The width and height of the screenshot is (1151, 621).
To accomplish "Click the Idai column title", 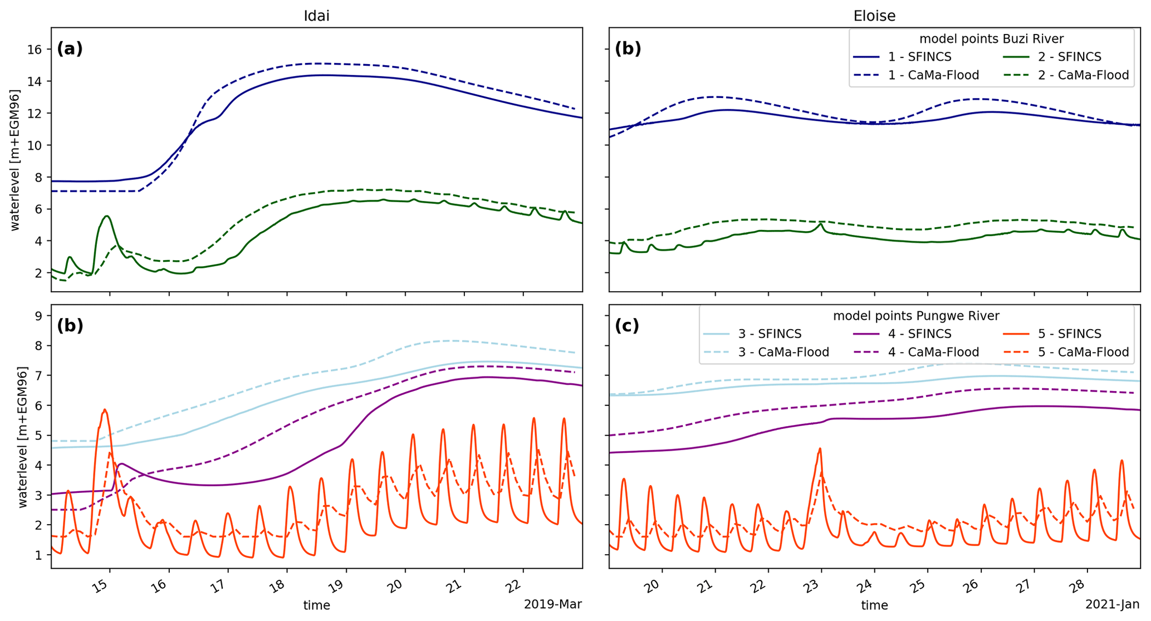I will click(316, 16).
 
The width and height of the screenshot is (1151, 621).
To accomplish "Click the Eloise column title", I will click(874, 16).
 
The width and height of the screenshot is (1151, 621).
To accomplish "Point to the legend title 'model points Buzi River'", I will click(991, 39).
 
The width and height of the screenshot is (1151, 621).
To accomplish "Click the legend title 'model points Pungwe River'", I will click(916, 316).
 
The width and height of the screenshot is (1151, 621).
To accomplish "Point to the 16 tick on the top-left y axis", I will click(35, 50).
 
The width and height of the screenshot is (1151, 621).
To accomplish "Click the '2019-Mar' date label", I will click(552, 604).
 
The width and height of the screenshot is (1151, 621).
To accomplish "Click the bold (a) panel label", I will click(70, 49).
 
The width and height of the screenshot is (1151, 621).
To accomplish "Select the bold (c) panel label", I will click(628, 326).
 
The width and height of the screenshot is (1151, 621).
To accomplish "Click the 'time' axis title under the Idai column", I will click(316, 605).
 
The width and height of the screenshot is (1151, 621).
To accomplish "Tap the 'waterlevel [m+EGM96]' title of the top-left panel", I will click(15, 159).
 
